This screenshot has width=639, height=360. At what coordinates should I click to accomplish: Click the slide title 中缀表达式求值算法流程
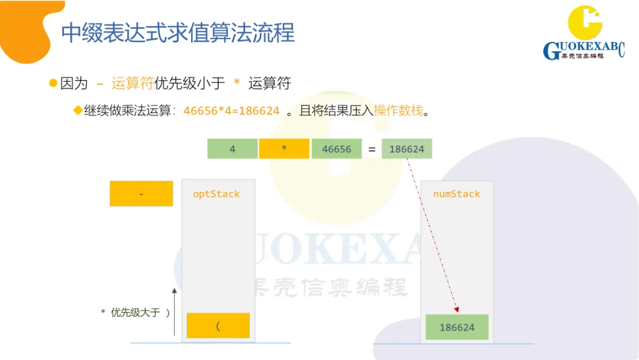177,33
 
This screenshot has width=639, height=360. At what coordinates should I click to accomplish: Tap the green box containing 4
233,149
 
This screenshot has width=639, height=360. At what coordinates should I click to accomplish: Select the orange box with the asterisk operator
284,149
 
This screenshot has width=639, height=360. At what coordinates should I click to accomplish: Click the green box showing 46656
336,149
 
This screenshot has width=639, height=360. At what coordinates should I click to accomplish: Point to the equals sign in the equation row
372,149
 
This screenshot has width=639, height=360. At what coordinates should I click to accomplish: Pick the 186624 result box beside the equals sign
406,149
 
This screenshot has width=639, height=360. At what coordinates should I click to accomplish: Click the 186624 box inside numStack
457,327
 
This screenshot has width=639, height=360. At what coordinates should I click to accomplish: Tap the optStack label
216,194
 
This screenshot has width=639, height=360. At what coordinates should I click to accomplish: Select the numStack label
456,194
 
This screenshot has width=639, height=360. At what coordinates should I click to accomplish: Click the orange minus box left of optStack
141,194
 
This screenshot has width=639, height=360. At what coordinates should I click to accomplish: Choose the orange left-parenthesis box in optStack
218,325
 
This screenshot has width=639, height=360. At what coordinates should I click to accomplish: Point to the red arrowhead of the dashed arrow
456,309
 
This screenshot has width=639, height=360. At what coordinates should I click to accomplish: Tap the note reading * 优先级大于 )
135,312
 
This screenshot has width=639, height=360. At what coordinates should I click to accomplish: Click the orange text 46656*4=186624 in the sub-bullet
231,111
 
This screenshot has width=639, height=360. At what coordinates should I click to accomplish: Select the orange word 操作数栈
398,110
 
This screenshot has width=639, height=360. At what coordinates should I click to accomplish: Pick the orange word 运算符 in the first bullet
132,83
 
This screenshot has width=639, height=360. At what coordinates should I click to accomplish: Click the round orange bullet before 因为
53,83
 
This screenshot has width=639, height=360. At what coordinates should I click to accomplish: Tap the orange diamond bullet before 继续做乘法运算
77,111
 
